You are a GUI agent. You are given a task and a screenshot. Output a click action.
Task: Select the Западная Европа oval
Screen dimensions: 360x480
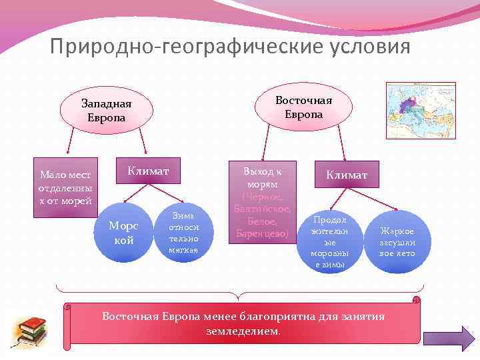[106, 111]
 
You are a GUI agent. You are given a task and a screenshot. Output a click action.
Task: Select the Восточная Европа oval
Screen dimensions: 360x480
[303, 107]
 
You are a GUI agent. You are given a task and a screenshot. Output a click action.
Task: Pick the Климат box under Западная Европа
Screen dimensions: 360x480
[148, 172]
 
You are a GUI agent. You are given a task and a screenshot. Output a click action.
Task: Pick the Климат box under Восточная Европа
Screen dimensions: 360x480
[346, 174]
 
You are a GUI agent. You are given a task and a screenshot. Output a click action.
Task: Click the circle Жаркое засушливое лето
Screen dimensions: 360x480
[397, 242]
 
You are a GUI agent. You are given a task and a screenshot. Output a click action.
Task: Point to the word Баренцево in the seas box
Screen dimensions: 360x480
[262, 233]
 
